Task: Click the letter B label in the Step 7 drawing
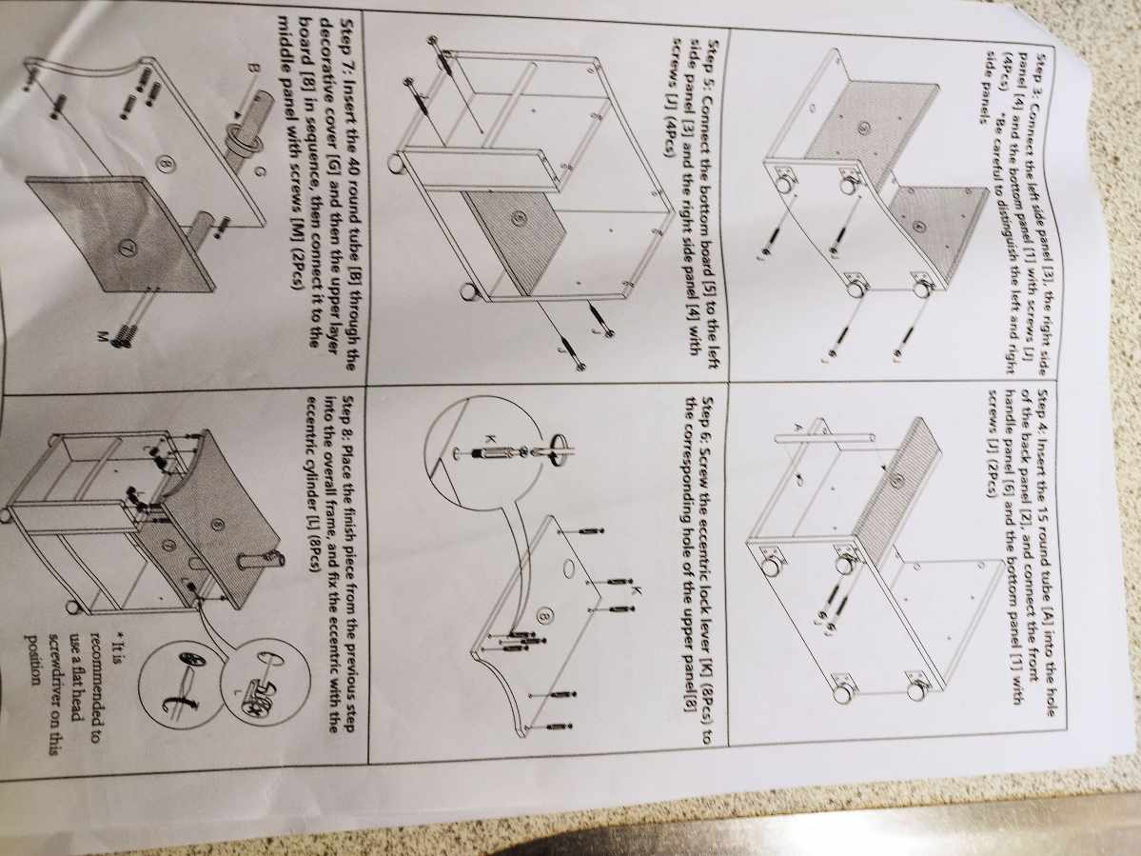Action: (252, 68)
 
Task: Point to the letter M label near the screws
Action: (103, 335)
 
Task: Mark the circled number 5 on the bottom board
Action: (518, 216)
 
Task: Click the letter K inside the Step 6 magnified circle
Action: (489, 439)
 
